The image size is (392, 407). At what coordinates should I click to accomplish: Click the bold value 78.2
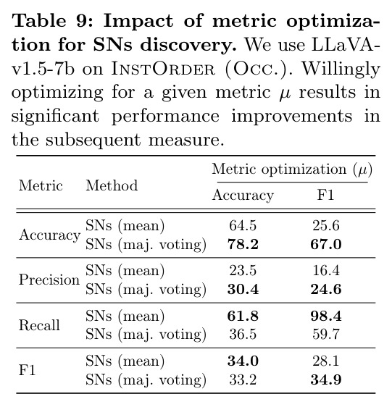tap(243, 244)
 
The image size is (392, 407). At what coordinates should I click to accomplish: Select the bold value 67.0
tap(326, 244)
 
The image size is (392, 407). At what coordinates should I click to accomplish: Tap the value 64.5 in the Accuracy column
tap(243, 225)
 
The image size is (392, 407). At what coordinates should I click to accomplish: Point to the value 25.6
tap(326, 225)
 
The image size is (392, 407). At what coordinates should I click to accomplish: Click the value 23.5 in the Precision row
tap(243, 270)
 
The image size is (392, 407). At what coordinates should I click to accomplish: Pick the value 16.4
tap(326, 270)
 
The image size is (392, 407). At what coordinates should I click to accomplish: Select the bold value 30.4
tap(243, 289)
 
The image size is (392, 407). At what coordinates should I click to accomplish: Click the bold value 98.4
tap(326, 316)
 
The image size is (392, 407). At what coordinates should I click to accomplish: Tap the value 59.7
tap(326, 334)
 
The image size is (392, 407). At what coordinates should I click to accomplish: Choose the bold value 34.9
tap(326, 379)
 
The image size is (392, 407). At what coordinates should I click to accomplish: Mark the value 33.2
tap(243, 379)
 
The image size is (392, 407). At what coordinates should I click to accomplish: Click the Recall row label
tap(39, 325)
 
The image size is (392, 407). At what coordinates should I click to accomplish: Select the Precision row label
tap(49, 280)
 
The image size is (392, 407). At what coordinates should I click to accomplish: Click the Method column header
tap(112, 185)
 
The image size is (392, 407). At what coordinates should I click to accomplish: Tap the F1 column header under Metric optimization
tap(325, 195)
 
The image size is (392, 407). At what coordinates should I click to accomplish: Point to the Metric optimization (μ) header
tap(292, 169)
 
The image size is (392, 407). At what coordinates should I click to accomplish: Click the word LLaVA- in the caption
tap(346, 45)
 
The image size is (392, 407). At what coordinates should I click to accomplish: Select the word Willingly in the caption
tap(341, 70)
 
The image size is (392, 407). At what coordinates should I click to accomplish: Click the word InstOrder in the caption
tap(163, 69)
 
